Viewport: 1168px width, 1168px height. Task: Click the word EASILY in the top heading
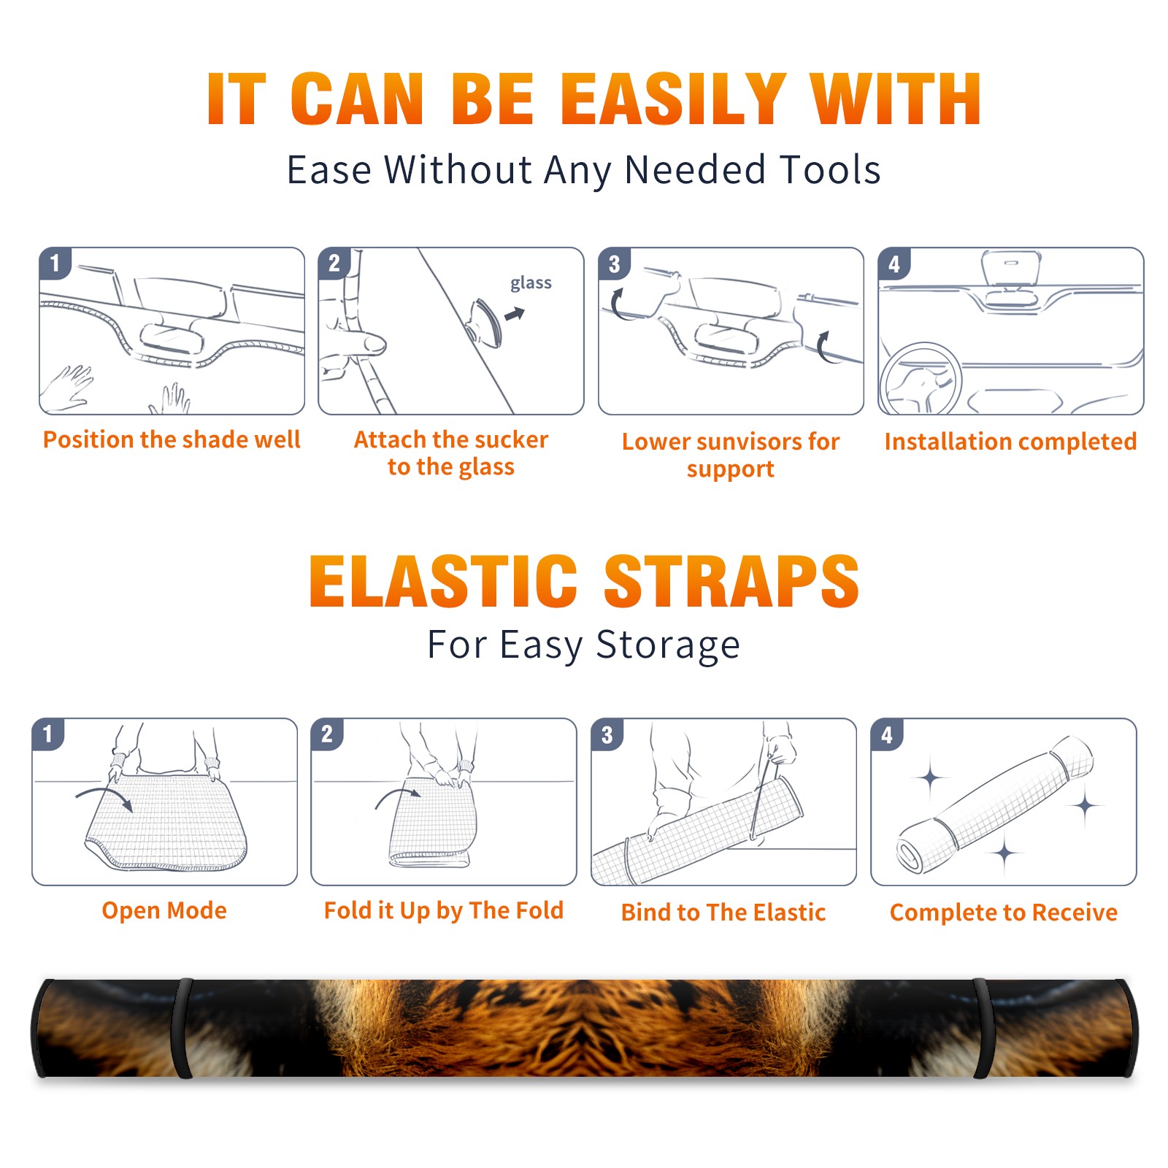[673, 99]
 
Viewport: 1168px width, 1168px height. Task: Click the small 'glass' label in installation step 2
[531, 283]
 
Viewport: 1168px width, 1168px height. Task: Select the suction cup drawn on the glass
[485, 322]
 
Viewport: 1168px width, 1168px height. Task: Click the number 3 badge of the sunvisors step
[614, 264]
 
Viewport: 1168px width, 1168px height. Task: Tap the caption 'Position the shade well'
[172, 439]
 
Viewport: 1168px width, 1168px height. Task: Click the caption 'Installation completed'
[1010, 441]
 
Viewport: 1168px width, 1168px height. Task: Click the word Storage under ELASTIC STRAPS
[668, 645]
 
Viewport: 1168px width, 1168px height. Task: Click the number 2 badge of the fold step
[327, 734]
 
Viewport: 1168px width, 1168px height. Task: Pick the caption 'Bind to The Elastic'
[723, 912]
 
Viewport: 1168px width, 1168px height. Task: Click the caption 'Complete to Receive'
[1003, 912]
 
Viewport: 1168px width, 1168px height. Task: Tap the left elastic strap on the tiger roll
[182, 1029]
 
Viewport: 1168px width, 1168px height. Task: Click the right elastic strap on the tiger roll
[983, 1029]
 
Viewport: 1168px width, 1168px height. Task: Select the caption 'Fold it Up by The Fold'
[444, 910]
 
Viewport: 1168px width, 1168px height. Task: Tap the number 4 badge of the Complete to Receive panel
[887, 734]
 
